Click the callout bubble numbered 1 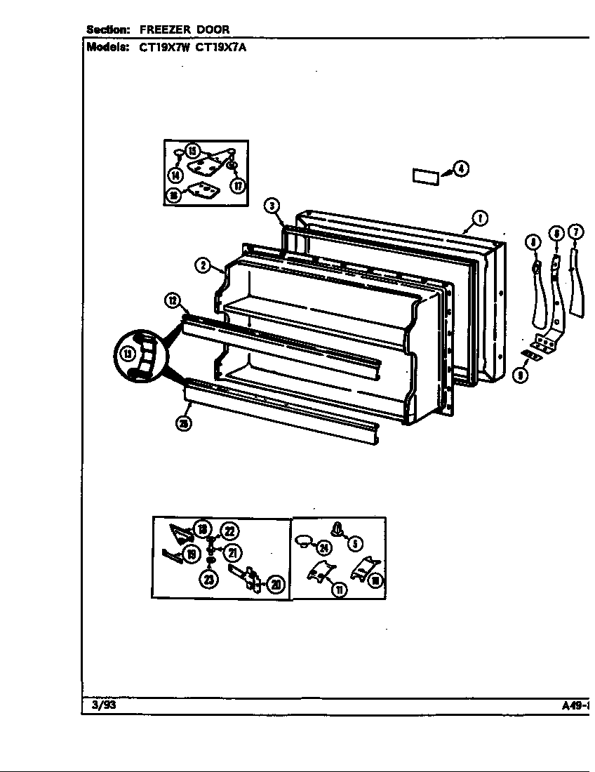click(480, 218)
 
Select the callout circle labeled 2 click(202, 265)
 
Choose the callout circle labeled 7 click(575, 232)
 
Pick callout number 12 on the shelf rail click(173, 302)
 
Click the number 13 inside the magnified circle click(128, 355)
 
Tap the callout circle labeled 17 click(237, 186)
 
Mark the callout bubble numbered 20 click(276, 585)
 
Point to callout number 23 click(210, 578)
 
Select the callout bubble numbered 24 click(323, 548)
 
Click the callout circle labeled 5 click(354, 543)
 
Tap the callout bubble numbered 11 click(340, 590)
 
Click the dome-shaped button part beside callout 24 click(304, 540)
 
